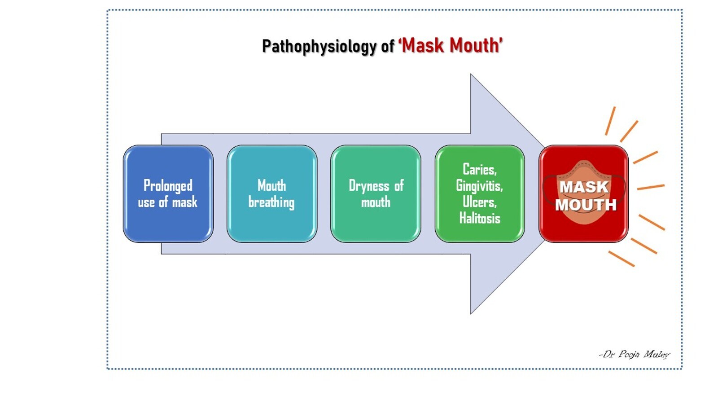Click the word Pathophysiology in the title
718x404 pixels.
pyautogui.click(x=319, y=46)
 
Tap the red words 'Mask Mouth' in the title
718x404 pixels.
pyautogui.click(x=451, y=46)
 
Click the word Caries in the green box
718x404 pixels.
pyautogui.click(x=479, y=170)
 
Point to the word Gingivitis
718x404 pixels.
pyautogui.click(x=479, y=186)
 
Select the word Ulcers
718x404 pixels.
pyautogui.click(x=479, y=202)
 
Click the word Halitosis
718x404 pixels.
pyautogui.click(x=479, y=219)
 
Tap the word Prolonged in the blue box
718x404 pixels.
pyautogui.click(x=168, y=186)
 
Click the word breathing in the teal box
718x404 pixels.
pyautogui.click(x=271, y=202)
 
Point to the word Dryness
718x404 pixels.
pyautogui.click(x=369, y=186)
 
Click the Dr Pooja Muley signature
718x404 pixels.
pyautogui.click(x=634, y=355)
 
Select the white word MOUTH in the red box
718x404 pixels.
pyautogui.click(x=586, y=205)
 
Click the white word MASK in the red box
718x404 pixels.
pyautogui.click(x=584, y=187)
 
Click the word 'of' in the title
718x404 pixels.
pyautogui.click(x=388, y=47)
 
